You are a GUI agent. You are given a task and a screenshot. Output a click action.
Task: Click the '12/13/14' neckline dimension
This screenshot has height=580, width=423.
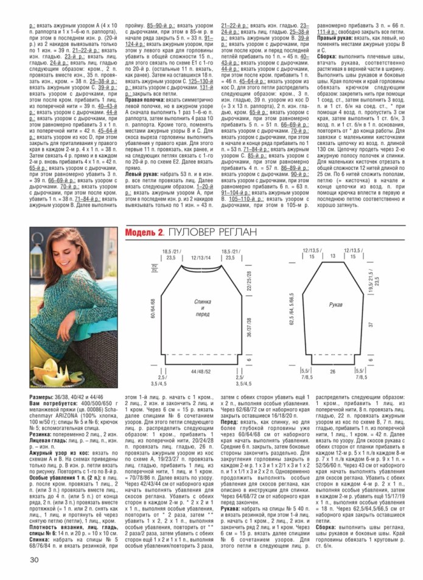click(x=201, y=258)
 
